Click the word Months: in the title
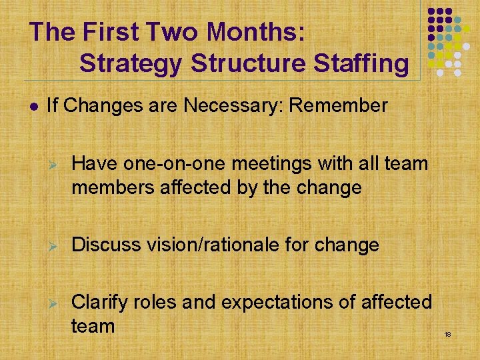click(x=257, y=32)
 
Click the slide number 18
click(x=448, y=334)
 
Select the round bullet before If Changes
click(x=33, y=106)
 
